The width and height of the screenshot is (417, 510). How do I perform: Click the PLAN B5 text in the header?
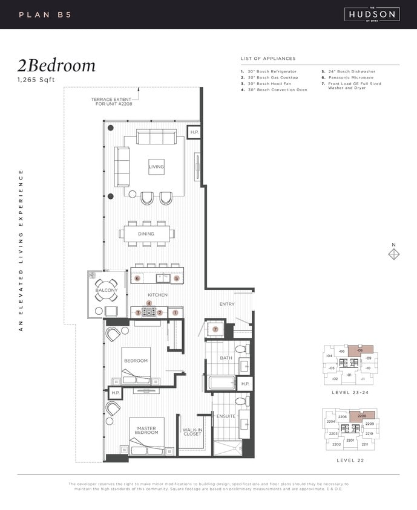(45, 15)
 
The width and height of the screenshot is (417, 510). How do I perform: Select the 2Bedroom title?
(56, 66)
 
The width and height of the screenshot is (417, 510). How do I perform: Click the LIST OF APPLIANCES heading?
(268, 59)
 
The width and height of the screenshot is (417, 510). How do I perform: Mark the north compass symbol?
(393, 254)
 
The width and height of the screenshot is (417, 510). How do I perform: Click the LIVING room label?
(156, 167)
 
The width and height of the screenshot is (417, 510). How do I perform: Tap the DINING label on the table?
(146, 234)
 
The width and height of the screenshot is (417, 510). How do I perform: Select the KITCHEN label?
(157, 295)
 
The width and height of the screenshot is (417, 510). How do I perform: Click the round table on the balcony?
(106, 289)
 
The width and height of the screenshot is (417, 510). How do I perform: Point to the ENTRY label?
(227, 304)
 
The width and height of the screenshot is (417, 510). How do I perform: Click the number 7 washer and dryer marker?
(215, 329)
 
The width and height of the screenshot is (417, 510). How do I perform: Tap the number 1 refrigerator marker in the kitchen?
(175, 313)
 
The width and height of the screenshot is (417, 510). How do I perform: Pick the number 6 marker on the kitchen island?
(138, 279)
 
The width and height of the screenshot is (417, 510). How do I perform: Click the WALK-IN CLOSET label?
(192, 432)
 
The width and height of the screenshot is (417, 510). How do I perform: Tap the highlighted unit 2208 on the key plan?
(363, 416)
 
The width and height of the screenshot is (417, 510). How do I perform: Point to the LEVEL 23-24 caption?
(349, 392)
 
